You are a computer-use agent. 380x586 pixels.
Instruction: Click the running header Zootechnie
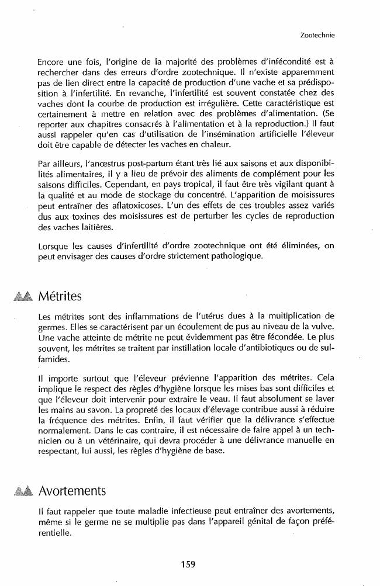click(316, 35)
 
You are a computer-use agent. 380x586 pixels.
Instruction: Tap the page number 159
click(188, 564)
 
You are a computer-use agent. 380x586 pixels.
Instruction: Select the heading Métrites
click(60, 296)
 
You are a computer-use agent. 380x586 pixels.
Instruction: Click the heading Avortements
click(72, 489)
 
